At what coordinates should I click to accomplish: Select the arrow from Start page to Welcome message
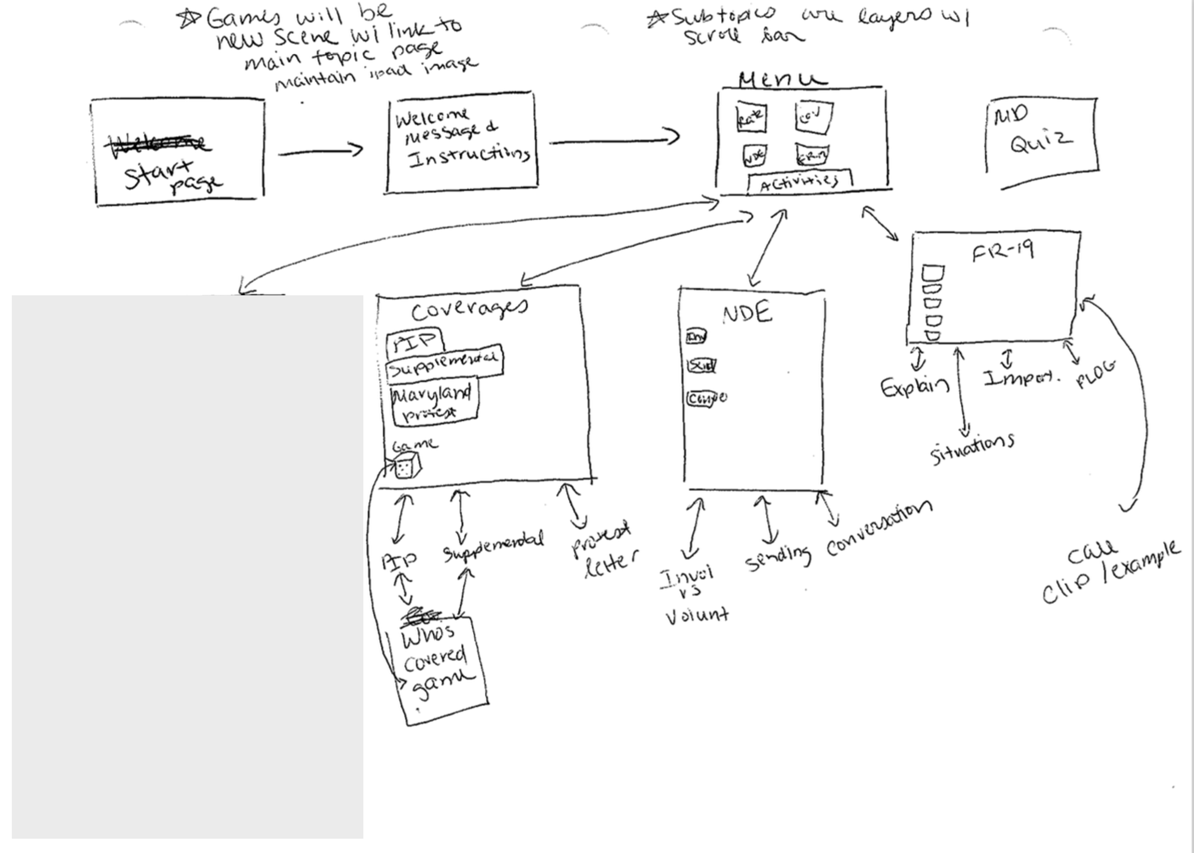[320, 152]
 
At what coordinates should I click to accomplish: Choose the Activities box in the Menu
[800, 182]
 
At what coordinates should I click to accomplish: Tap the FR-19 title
[1002, 251]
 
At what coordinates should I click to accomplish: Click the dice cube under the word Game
[408, 467]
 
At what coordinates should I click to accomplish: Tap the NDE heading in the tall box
[747, 314]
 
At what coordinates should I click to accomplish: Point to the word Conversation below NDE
[879, 528]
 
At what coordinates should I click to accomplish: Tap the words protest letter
[604, 549]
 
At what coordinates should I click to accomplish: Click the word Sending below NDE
[778, 559]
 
